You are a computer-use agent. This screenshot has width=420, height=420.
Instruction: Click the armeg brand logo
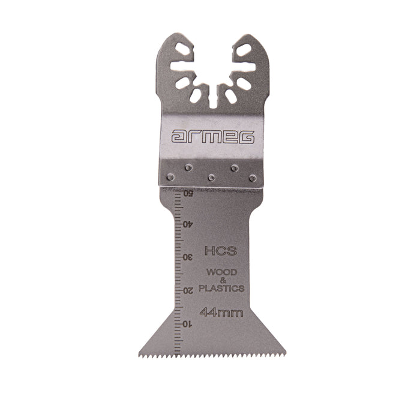pos(213,137)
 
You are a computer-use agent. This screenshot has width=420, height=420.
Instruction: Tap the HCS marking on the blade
pos(221,251)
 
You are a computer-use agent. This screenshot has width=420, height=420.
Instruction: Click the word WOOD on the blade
pos(222,272)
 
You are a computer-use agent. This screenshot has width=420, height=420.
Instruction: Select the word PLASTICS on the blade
pos(221,288)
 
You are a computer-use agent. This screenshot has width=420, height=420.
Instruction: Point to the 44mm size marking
pos(221,313)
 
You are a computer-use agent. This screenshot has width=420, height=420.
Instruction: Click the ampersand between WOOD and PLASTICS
pos(223,280)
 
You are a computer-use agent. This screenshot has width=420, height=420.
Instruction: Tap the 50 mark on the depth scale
pos(188,193)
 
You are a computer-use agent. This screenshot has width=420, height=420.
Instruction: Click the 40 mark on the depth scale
pos(188,224)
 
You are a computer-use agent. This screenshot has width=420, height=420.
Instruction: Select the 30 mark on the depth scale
pos(188,257)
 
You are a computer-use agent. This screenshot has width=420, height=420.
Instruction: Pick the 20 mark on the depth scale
pos(188,290)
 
